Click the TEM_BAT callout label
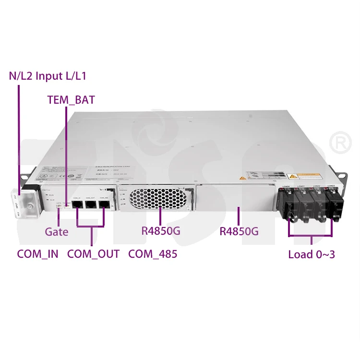pyautogui.click(x=71, y=100)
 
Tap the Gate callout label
pyautogui.click(x=57, y=232)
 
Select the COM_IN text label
pyautogui.click(x=37, y=254)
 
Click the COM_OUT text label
pyautogui.click(x=93, y=254)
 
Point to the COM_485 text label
pyautogui.click(x=153, y=254)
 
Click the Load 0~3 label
pyautogui.click(x=312, y=254)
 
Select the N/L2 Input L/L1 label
pyautogui.click(x=48, y=75)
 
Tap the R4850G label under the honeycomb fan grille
pyautogui.click(x=161, y=231)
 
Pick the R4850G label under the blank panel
pyautogui.click(x=239, y=231)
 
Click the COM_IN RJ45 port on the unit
pyautogui.click(x=77, y=204)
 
